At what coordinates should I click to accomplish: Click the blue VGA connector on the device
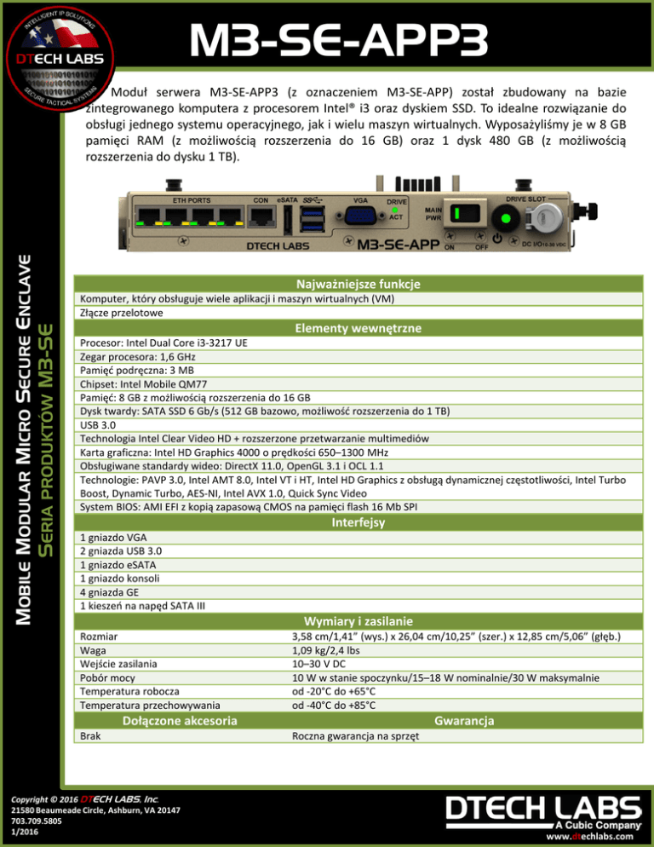[360, 216]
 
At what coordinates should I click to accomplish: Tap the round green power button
[506, 218]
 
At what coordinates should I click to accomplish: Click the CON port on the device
[261, 216]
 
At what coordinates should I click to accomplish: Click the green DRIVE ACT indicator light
[395, 210]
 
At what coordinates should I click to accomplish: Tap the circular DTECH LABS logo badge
[60, 58]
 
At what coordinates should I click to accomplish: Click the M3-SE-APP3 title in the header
[339, 39]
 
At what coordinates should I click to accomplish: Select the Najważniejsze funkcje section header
[358, 284]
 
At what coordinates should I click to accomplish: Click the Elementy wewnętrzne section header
[358, 328]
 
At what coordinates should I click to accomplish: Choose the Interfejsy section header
[358, 522]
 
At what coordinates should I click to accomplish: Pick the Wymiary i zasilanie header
[358, 621]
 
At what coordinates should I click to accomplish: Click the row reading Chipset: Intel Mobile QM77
[144, 384]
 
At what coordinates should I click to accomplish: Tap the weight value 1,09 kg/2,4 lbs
[325, 650]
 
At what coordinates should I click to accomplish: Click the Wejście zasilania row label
[118, 664]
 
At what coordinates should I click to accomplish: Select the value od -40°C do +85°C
[334, 705]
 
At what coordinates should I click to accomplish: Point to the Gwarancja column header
[464, 721]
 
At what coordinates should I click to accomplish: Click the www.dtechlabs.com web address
[589, 836]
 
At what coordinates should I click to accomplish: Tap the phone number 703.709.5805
[37, 821]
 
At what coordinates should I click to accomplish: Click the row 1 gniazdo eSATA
[118, 565]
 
